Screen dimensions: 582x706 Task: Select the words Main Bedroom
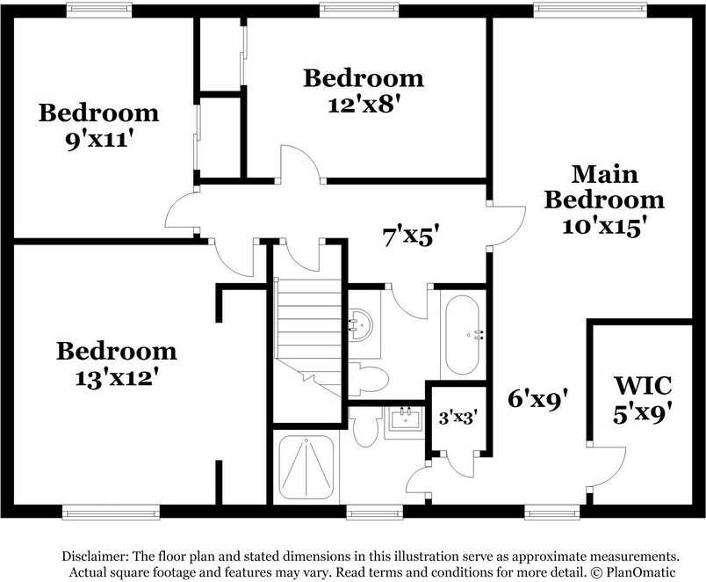604,186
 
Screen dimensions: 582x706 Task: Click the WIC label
643,385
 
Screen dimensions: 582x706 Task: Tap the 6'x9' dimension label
544,398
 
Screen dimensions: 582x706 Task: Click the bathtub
462,336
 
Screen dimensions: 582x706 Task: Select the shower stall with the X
306,466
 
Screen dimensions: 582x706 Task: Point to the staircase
308,334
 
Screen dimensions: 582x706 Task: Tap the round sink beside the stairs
362,326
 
